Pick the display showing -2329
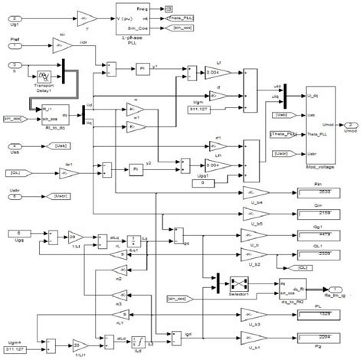[x=312, y=255]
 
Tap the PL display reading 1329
[x=312, y=313]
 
